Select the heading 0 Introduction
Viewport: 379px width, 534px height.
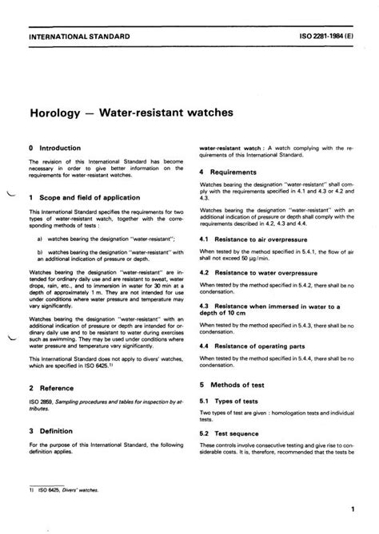click(x=58, y=148)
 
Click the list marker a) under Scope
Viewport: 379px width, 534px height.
click(x=40, y=239)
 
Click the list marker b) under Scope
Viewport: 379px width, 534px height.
click(x=40, y=253)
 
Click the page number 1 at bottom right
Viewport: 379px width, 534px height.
click(x=352, y=509)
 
